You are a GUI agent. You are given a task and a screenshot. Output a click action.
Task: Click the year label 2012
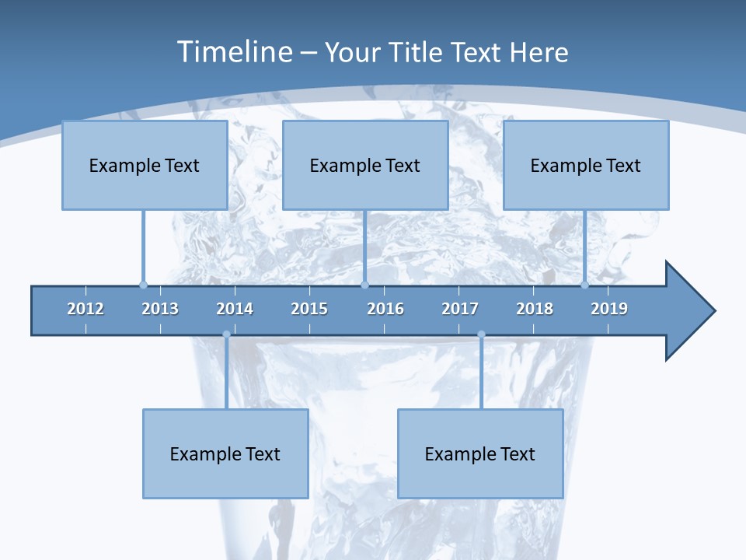[x=85, y=309]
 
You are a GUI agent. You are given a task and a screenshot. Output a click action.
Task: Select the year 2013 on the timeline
[x=160, y=309]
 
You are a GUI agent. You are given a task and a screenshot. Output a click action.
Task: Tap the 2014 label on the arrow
[x=235, y=309]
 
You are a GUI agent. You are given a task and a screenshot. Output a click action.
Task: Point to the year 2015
[x=309, y=309]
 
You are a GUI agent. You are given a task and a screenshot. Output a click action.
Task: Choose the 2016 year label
[x=385, y=309]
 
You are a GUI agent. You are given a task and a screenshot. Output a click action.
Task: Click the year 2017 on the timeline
[x=460, y=309]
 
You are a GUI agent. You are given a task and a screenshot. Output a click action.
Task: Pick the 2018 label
[x=535, y=309]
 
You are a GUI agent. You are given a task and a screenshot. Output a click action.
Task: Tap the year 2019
[x=609, y=309]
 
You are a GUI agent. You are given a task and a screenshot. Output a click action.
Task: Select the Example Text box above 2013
[x=145, y=165]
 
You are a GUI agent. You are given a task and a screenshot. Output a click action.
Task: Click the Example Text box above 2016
[x=365, y=165]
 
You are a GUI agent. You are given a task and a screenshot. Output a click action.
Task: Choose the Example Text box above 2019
[x=586, y=165]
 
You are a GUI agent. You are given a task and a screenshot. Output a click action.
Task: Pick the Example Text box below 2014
[x=225, y=453]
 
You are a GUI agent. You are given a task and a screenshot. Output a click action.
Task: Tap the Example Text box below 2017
[x=480, y=453]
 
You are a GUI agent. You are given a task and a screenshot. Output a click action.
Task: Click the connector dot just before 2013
[x=143, y=285]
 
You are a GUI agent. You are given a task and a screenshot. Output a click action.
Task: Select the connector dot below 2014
[x=226, y=334]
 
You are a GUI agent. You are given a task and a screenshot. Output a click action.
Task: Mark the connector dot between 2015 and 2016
[x=364, y=285]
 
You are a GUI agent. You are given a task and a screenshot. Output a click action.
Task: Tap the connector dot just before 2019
[x=584, y=285]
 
